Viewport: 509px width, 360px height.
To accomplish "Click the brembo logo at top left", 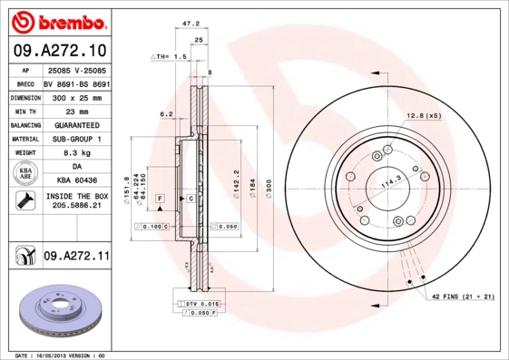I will tap(57, 20).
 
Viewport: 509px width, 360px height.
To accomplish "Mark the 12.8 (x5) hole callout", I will tap(424, 115).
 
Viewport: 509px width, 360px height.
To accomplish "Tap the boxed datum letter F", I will tap(160, 197).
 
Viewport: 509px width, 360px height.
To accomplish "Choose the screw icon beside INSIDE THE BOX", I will tap(24, 201).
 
